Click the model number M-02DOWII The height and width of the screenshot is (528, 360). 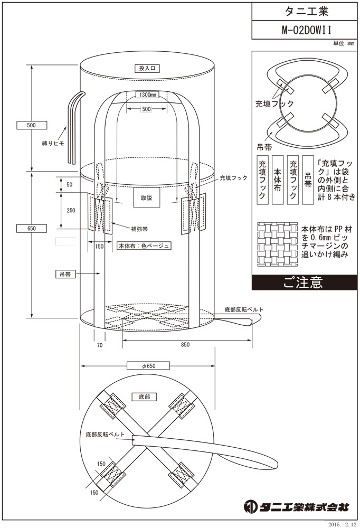click(x=303, y=30)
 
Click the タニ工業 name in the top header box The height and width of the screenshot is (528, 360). click(x=303, y=10)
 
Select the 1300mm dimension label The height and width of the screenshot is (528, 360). click(x=146, y=95)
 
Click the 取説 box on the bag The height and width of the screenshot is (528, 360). click(x=146, y=198)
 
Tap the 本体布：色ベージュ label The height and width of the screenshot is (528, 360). click(x=144, y=246)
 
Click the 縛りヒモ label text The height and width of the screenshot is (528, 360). click(x=53, y=143)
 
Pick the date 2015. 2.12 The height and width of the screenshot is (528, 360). click(x=342, y=523)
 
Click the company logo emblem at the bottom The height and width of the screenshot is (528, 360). click(x=250, y=507)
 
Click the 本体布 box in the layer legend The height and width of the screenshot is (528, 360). click(x=277, y=180)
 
